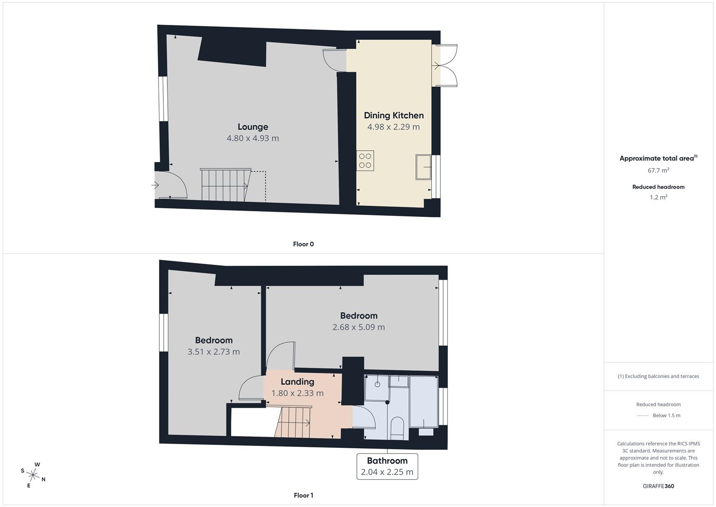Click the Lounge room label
pos(253,127)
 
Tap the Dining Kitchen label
pos(393,115)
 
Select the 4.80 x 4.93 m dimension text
pos(253,138)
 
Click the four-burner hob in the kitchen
pos(365,160)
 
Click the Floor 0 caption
pos(303,244)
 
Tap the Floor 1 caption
pos(303,495)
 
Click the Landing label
pos(297,382)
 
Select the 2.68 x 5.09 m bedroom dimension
pos(359,327)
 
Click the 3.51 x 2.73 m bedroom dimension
pos(213,352)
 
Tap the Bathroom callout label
pos(387,461)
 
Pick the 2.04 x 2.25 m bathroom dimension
pos(387,472)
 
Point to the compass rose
pos(33,475)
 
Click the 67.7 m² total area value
pos(658,170)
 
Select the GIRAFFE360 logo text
pos(658,486)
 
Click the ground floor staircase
pos(224,185)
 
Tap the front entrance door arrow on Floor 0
pos(155,185)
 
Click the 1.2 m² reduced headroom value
pos(658,197)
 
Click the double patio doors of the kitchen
pos(445,66)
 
